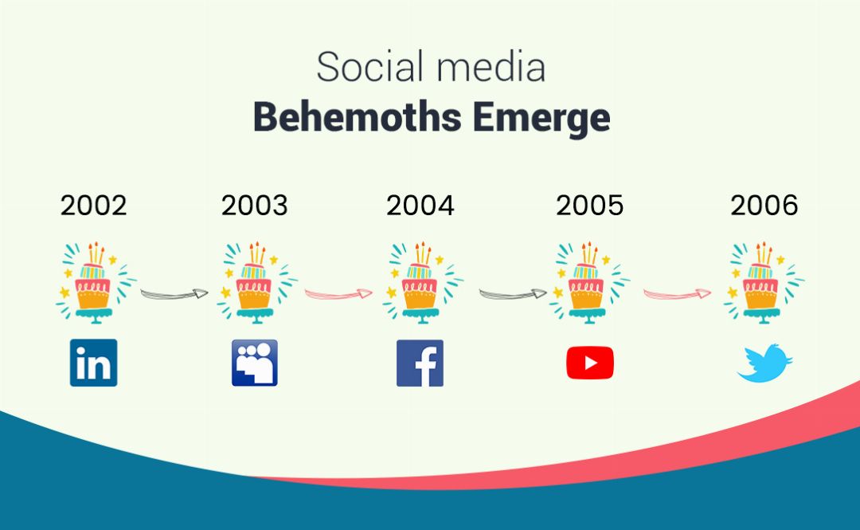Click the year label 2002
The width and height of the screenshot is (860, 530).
click(x=93, y=206)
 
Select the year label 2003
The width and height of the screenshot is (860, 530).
click(x=254, y=206)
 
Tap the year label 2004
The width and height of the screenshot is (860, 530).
click(x=420, y=206)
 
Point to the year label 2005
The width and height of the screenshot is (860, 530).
click(x=590, y=206)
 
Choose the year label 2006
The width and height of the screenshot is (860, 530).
click(x=764, y=206)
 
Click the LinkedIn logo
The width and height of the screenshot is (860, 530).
click(x=93, y=363)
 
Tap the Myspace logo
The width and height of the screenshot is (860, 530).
click(x=255, y=363)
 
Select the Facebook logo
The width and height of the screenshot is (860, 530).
click(x=420, y=363)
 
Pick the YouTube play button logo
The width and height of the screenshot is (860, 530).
click(x=590, y=363)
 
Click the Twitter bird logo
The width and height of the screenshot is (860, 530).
click(x=764, y=363)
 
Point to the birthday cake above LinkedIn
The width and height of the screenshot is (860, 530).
click(x=94, y=283)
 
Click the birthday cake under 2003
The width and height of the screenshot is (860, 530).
click(x=256, y=283)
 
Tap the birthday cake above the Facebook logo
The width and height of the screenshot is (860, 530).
click(x=420, y=283)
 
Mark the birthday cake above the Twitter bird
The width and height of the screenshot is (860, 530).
click(x=764, y=283)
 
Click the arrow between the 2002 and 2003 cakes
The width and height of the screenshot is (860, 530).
click(x=174, y=293)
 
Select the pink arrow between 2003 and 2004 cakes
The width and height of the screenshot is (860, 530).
click(x=338, y=293)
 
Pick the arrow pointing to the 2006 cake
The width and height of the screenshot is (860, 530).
click(x=678, y=293)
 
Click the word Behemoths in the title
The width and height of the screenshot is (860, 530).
click(x=357, y=119)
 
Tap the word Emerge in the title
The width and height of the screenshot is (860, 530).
click(x=541, y=119)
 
